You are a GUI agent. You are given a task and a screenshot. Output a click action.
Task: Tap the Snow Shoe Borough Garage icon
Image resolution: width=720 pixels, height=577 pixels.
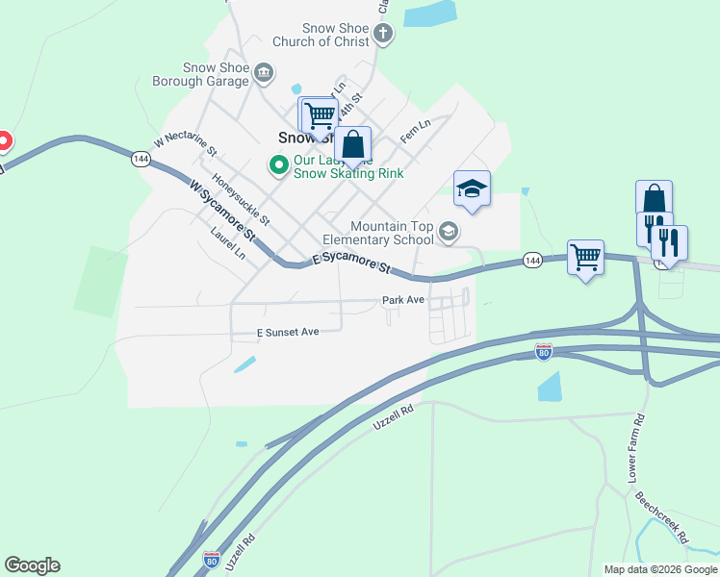pos(264,72)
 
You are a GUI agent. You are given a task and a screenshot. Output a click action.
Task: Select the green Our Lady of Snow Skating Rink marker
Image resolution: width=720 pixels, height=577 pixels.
pos(279,165)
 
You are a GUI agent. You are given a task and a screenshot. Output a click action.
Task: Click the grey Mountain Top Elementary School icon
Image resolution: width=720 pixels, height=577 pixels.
pos(448,232)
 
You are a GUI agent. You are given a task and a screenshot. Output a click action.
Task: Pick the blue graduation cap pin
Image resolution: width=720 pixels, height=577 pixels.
pos(472,188)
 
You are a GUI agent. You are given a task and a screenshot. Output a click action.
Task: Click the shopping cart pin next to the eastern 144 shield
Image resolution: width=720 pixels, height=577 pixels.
pos(585,257)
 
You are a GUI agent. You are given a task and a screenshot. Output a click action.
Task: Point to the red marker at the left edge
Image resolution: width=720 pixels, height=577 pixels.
pos(3,142)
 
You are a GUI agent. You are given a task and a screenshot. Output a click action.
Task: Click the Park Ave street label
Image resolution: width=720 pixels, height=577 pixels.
pos(402,300)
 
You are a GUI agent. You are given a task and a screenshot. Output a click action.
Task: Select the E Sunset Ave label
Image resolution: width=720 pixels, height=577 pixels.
pos(287,332)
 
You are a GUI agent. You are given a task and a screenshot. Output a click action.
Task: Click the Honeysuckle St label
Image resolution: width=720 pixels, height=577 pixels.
pos(243,198)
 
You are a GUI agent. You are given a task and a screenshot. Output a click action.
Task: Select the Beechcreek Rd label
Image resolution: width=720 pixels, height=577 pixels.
pos(660,518)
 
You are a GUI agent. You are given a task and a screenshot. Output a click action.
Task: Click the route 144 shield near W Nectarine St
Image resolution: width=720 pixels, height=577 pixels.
pos(141,159)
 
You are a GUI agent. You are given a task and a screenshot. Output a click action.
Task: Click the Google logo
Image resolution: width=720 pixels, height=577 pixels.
pos(32,565)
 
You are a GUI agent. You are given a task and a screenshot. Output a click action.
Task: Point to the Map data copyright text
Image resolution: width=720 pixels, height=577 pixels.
pos(660,569)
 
